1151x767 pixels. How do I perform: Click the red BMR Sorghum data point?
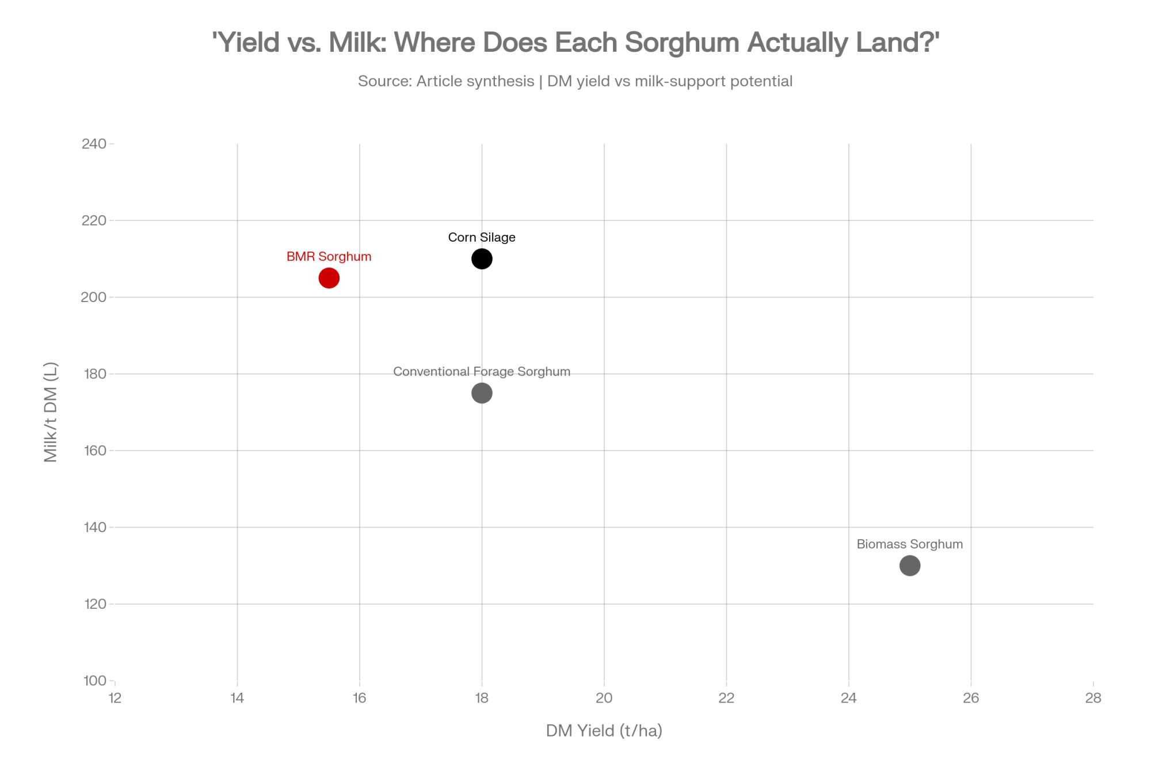coord(329,278)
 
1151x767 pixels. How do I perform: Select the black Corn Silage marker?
coord(482,259)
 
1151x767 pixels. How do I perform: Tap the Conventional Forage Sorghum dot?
coord(482,393)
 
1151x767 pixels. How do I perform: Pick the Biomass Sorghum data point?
coord(909,566)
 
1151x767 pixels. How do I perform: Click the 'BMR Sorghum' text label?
coord(329,257)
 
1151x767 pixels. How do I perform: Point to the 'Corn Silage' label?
coord(482,238)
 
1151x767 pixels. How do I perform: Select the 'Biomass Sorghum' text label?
coord(909,544)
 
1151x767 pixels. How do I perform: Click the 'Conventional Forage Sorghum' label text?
coord(482,372)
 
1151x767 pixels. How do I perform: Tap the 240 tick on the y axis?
coord(94,144)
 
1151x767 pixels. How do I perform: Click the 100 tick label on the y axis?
coord(94,681)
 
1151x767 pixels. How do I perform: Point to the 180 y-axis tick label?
coord(94,374)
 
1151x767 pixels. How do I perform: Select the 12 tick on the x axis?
coord(115,698)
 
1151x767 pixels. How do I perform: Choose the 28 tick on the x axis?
coord(1093,698)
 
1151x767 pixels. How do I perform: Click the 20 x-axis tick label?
coord(604,698)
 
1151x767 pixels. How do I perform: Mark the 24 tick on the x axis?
coord(848,698)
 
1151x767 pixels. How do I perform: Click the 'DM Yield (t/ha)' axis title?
coord(604,731)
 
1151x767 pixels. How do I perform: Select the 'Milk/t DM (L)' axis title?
coord(51,412)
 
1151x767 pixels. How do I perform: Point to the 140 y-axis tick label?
coord(94,527)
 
